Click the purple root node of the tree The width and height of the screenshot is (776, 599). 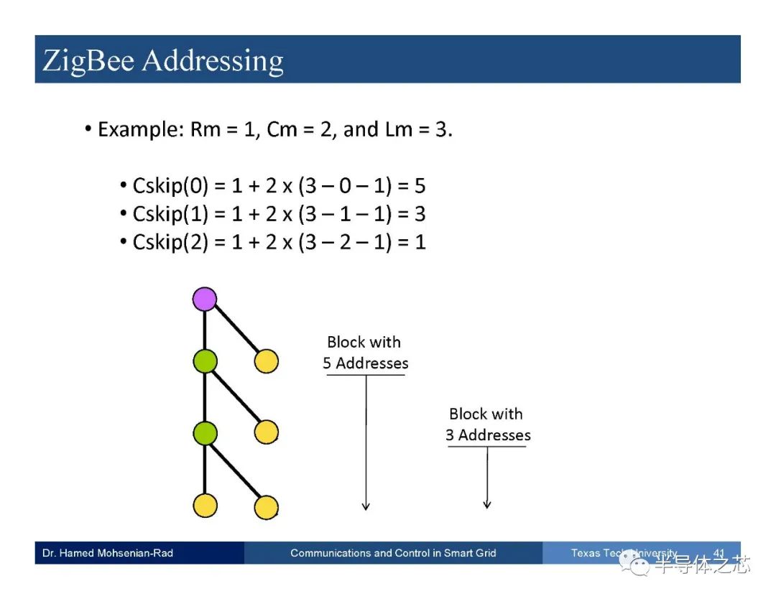click(x=204, y=299)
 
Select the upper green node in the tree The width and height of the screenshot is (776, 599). click(x=205, y=361)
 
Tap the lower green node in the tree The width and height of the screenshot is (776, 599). click(x=205, y=433)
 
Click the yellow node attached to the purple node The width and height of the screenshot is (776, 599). click(x=267, y=361)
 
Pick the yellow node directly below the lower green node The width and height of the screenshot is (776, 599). click(x=205, y=506)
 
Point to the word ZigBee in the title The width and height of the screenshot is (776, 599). click(x=88, y=61)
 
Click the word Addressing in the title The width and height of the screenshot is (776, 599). click(x=213, y=61)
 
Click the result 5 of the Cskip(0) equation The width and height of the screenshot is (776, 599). click(x=420, y=186)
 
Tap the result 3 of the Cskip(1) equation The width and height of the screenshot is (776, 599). click(x=420, y=214)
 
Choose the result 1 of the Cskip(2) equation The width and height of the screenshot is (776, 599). click(x=420, y=242)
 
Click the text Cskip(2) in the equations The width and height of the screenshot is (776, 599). click(x=171, y=242)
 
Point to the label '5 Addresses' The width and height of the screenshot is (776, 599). click(x=366, y=363)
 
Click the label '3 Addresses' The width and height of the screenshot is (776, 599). click(x=488, y=435)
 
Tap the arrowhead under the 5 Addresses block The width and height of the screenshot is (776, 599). click(x=366, y=506)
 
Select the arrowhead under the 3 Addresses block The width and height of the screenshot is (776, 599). click(x=487, y=504)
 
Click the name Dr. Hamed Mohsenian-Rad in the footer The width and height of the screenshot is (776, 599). click(x=108, y=553)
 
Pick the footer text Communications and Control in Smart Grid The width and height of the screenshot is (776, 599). click(x=393, y=553)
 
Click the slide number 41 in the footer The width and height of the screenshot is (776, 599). click(x=719, y=553)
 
